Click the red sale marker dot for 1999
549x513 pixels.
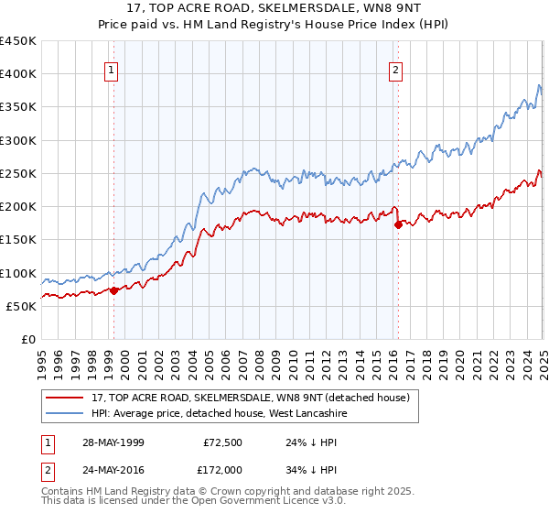click(x=114, y=291)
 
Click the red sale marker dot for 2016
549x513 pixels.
click(x=398, y=224)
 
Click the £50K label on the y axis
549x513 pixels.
click(x=21, y=306)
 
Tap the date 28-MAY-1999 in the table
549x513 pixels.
click(x=111, y=442)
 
